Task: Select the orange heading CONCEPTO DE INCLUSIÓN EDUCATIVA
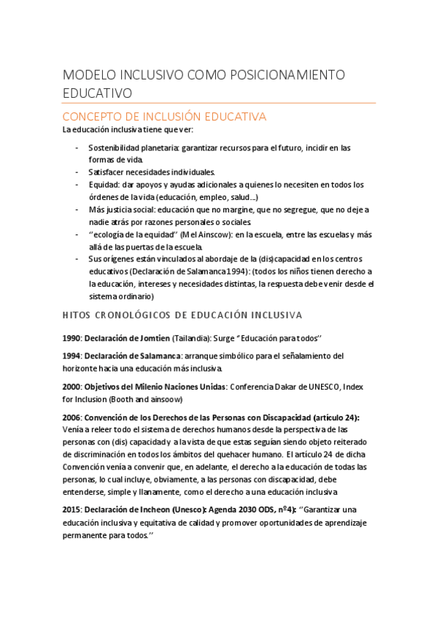(164, 117)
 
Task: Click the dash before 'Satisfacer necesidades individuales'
(78, 172)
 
